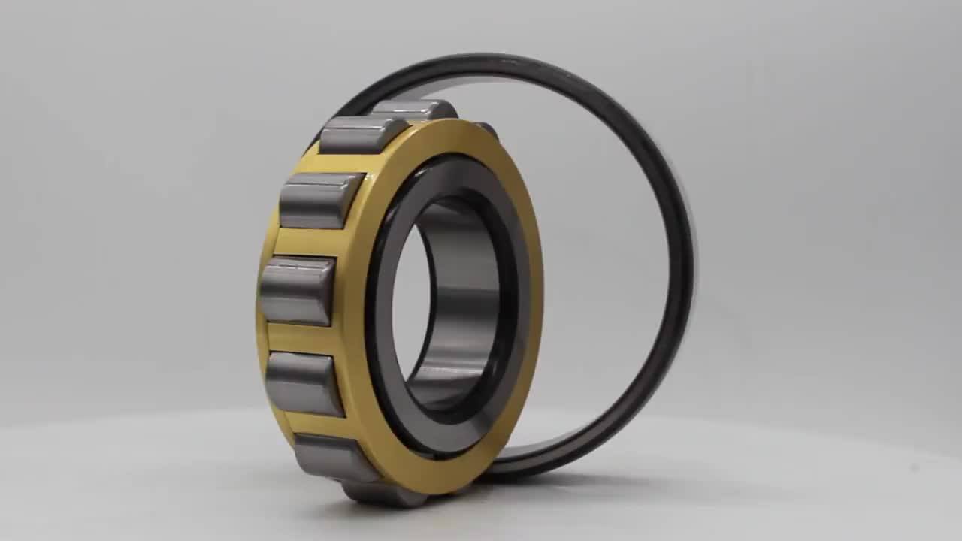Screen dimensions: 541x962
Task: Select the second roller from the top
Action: tap(362, 135)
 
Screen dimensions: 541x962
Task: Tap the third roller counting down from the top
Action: tap(319, 200)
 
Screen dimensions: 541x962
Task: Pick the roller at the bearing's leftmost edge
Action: tap(297, 291)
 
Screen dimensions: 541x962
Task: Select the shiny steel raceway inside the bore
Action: tap(458, 301)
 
